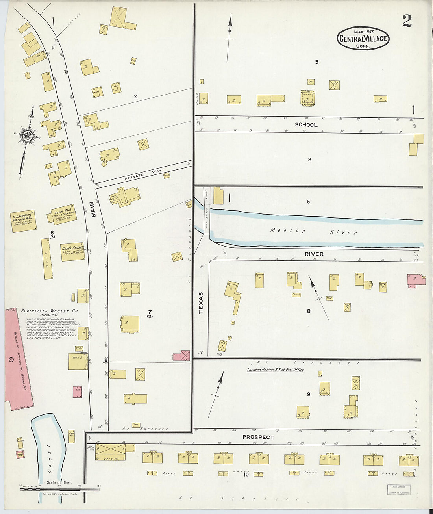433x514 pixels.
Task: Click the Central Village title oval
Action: tap(363, 39)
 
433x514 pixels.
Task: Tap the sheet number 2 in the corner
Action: tap(407, 21)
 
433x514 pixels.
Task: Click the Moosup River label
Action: tap(313, 231)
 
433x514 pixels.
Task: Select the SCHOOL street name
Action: tap(306, 125)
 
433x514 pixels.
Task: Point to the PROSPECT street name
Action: tap(258, 437)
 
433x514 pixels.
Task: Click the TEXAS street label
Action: tap(201, 302)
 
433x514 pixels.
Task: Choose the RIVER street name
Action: tap(314, 254)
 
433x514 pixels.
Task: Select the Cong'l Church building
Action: tap(72, 252)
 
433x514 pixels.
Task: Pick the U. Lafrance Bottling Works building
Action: tap(24, 221)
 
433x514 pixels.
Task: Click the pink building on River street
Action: tap(416, 280)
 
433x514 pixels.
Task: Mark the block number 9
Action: tap(309, 394)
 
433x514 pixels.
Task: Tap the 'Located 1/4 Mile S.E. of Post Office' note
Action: tap(275, 370)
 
